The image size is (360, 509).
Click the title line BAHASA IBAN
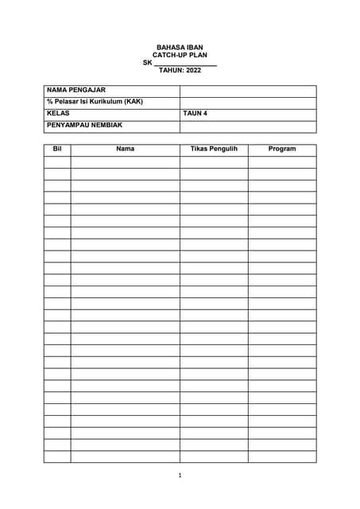pyautogui.click(x=180, y=48)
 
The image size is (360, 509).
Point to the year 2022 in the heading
pyautogui.click(x=192, y=70)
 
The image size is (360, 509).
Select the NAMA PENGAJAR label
pyautogui.click(x=76, y=91)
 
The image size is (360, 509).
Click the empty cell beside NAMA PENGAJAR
pyautogui.click(x=248, y=91)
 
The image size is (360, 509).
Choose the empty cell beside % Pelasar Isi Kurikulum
pyautogui.click(x=248, y=102)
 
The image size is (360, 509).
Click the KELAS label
pyautogui.click(x=59, y=114)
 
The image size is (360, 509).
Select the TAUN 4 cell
pyautogui.click(x=195, y=114)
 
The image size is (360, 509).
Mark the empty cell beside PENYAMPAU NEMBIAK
pyautogui.click(x=248, y=126)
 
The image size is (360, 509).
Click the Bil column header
pyautogui.click(x=56, y=150)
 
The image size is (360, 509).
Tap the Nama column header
pyautogui.click(x=125, y=150)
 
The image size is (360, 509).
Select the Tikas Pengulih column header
pyautogui.click(x=214, y=150)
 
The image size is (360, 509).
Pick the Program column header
pyautogui.click(x=282, y=150)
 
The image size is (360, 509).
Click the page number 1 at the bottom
pyautogui.click(x=180, y=476)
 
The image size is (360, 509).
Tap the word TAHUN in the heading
pyautogui.click(x=170, y=70)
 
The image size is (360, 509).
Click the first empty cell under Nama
pyautogui.click(x=125, y=161)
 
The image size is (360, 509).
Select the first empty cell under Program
pyautogui.click(x=282, y=161)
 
